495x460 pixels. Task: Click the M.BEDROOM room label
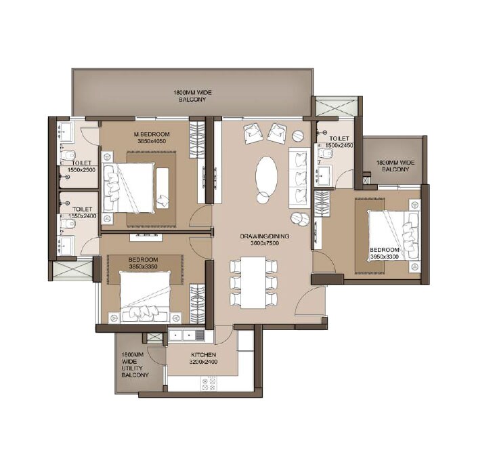tap(152, 134)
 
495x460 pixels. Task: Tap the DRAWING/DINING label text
tap(264, 236)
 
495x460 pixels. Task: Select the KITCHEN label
tap(203, 355)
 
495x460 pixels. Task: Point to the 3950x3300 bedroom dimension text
tap(384, 257)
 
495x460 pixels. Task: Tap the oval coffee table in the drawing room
tap(266, 175)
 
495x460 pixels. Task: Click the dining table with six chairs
tap(253, 280)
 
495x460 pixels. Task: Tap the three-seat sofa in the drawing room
tap(299, 177)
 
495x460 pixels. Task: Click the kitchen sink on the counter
tap(198, 335)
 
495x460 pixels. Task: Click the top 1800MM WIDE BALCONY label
tap(192, 95)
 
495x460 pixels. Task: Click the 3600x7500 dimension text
tap(264, 243)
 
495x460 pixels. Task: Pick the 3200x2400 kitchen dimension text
tap(203, 362)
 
